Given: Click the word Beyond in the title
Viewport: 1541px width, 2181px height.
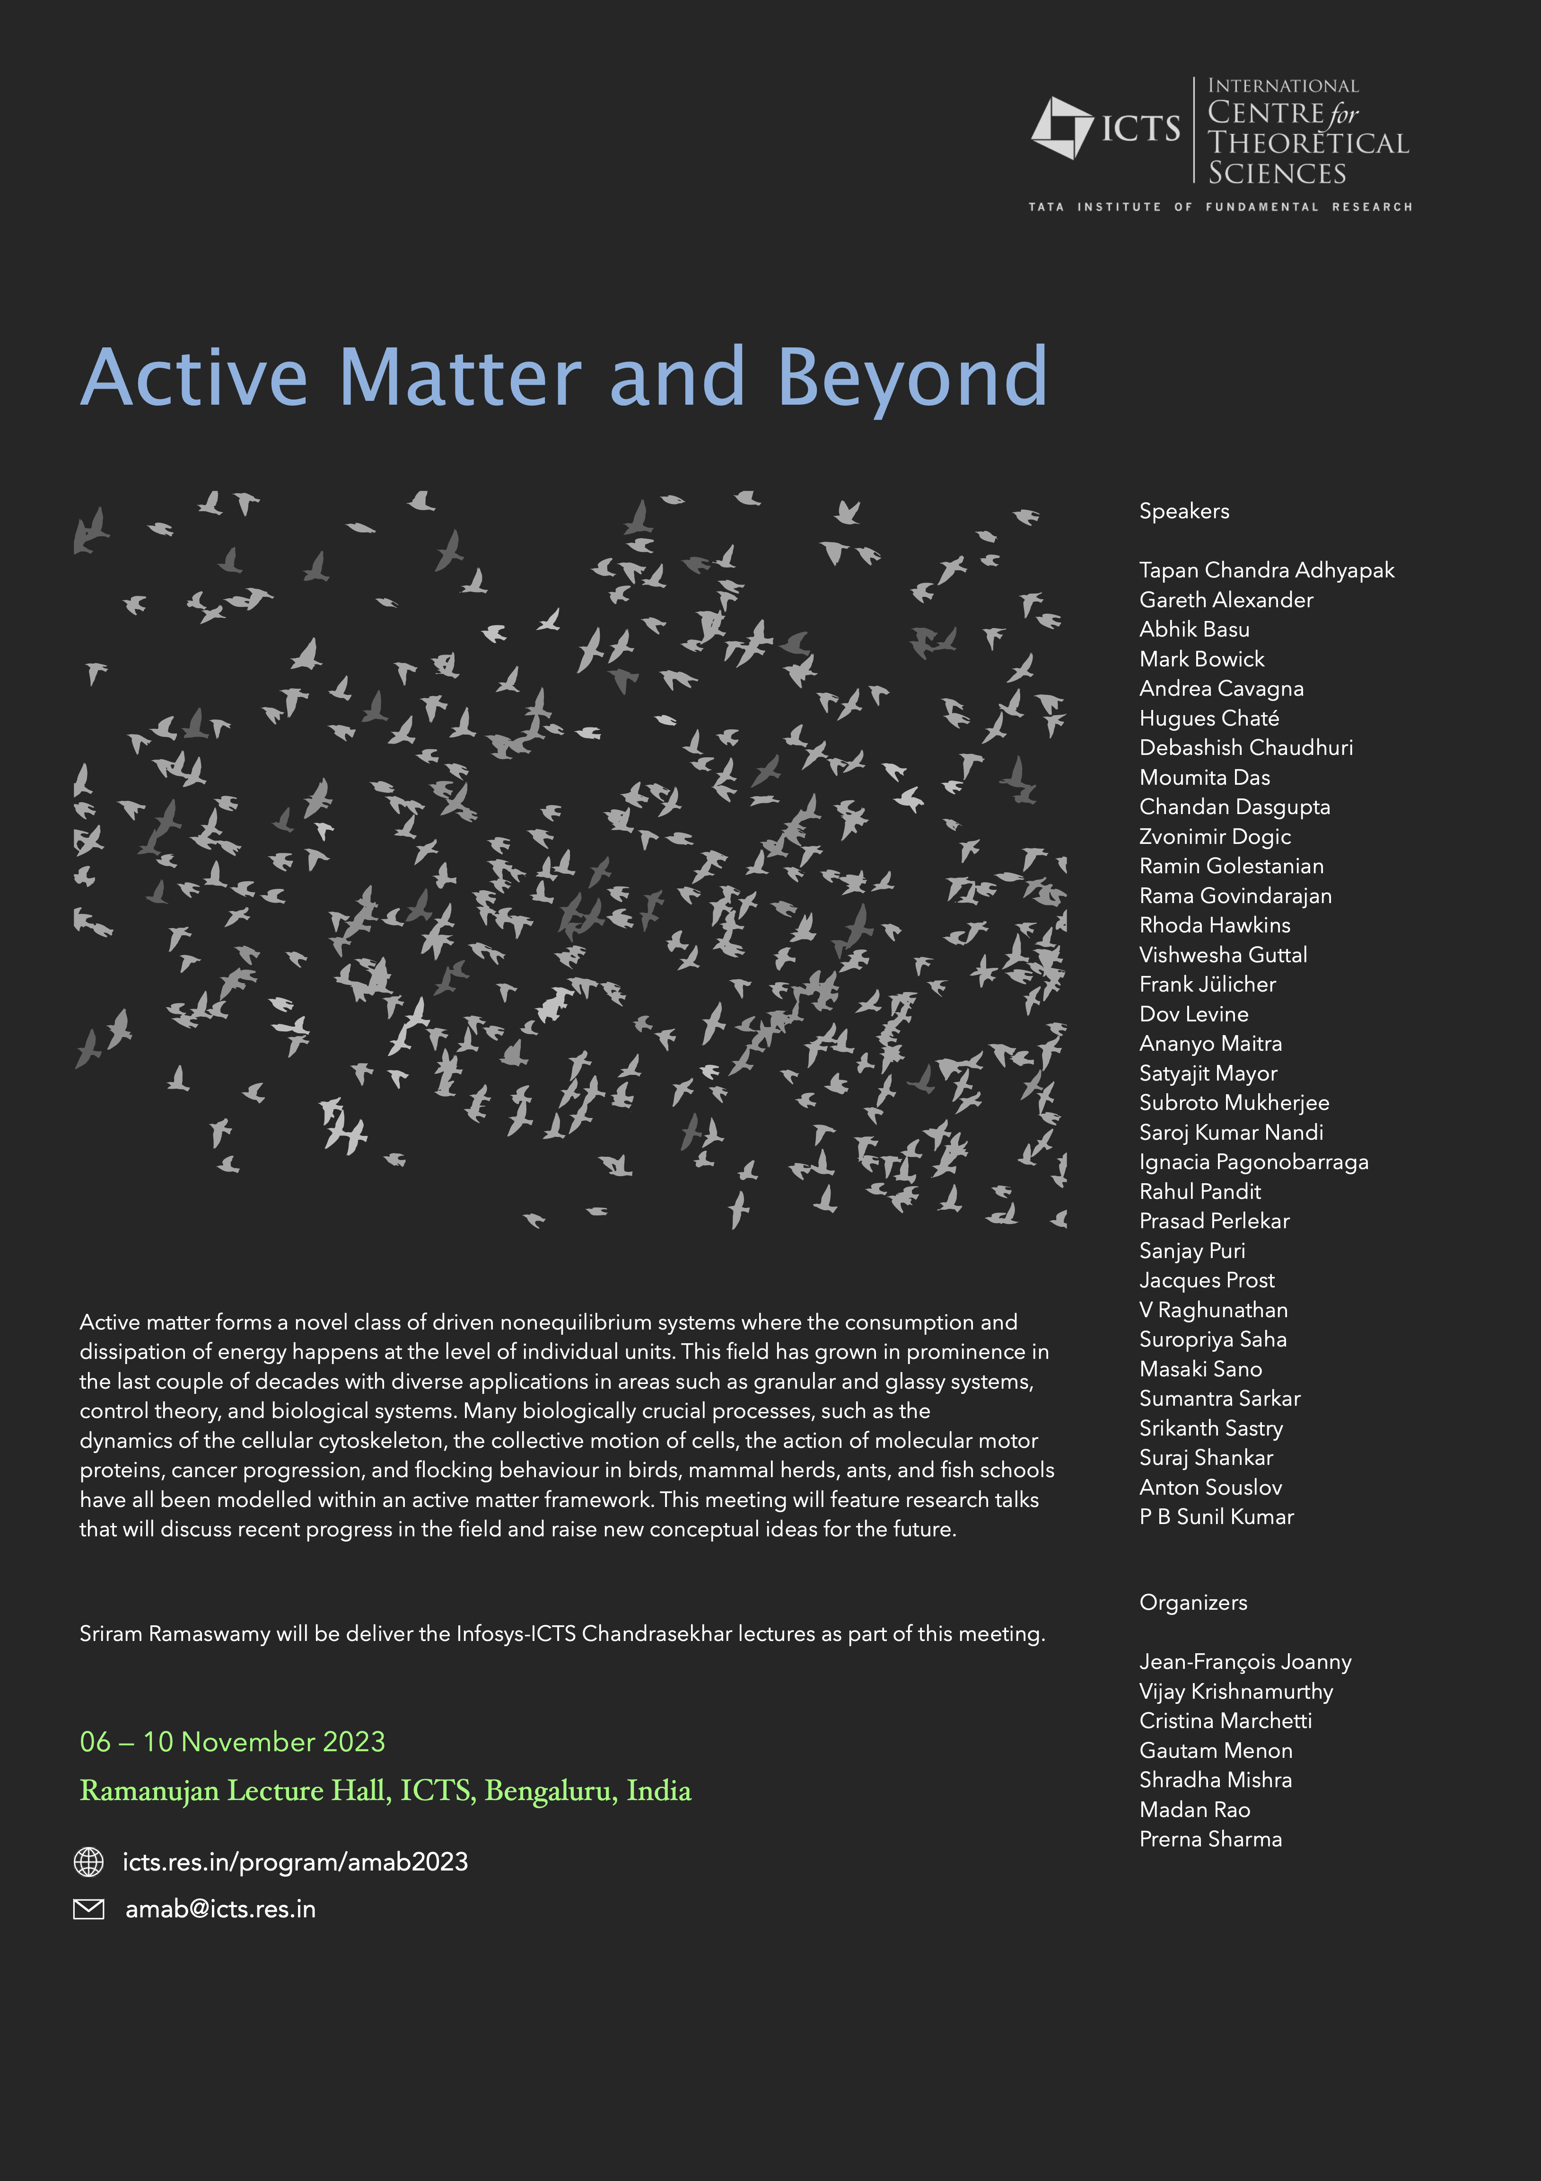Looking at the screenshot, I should point(911,378).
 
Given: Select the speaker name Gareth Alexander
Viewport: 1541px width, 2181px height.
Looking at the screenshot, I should point(1226,600).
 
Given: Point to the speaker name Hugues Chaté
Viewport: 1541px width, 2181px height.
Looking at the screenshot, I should point(1208,718).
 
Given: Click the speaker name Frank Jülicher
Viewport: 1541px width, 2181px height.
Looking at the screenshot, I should point(1207,984).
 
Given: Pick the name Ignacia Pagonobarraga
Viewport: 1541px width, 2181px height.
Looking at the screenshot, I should point(1253,1162).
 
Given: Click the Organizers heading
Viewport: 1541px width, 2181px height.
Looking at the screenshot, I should point(1192,1603).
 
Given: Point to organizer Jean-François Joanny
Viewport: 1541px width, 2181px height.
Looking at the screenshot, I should point(1245,1661).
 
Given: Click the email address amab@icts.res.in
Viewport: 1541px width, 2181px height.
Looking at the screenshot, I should point(220,1909).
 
